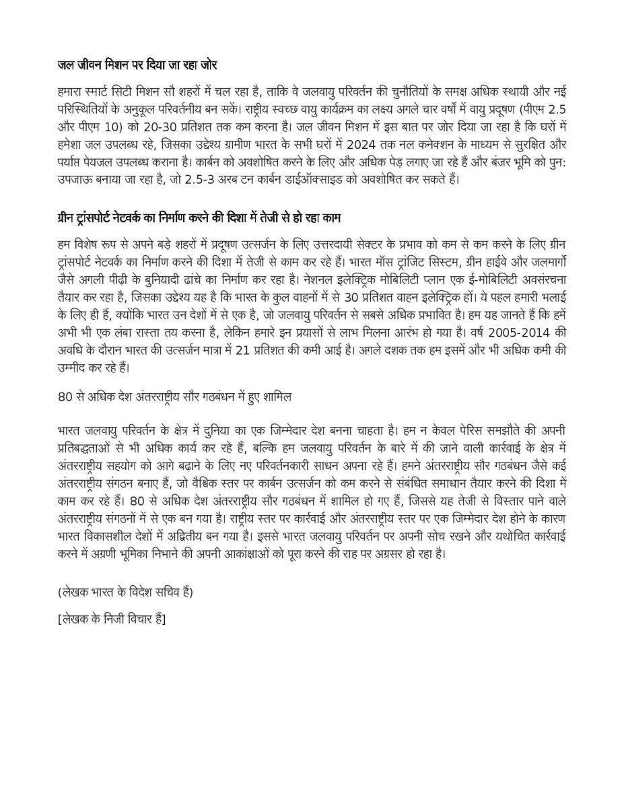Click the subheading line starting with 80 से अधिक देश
[x=174, y=397]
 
